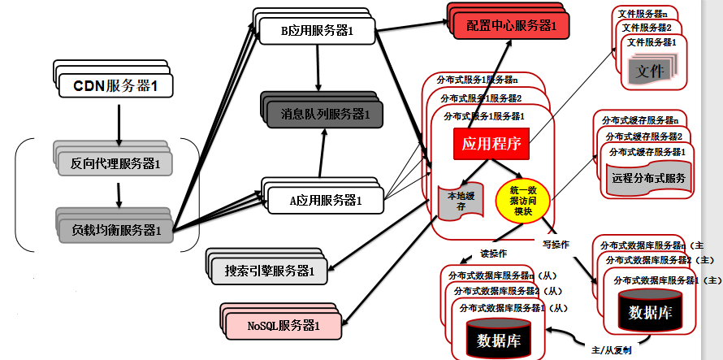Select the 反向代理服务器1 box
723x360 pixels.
click(x=115, y=164)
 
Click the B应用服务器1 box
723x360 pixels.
click(x=318, y=32)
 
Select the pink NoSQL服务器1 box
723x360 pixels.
click(x=284, y=327)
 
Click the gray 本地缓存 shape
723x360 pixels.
click(x=456, y=203)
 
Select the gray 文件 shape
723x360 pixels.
click(x=652, y=72)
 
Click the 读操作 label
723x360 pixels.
click(x=494, y=253)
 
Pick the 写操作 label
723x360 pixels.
click(x=556, y=245)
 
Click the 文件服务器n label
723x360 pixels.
click(x=643, y=13)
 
